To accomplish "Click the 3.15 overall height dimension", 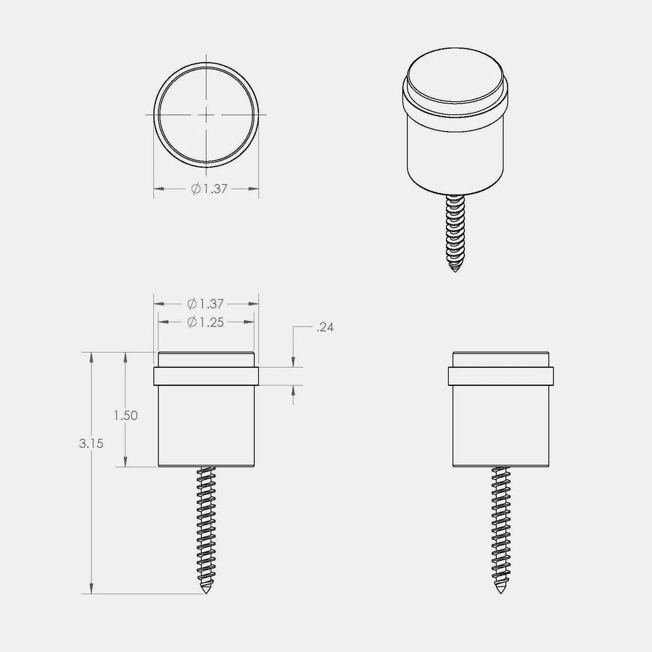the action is pyautogui.click(x=91, y=443).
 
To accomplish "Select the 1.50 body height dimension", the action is pyautogui.click(x=126, y=415).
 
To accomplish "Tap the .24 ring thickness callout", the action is pyautogui.click(x=325, y=328).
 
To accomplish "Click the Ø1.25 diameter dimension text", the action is pyautogui.click(x=205, y=322).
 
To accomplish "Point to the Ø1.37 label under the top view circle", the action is pyautogui.click(x=209, y=189).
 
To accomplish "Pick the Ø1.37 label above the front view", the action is pyautogui.click(x=205, y=304).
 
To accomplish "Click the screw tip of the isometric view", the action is pyautogui.click(x=455, y=271).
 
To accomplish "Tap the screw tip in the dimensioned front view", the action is pyautogui.click(x=206, y=591).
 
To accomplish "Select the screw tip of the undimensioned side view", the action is pyautogui.click(x=501, y=591).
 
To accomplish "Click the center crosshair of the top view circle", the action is pyautogui.click(x=206, y=114).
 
